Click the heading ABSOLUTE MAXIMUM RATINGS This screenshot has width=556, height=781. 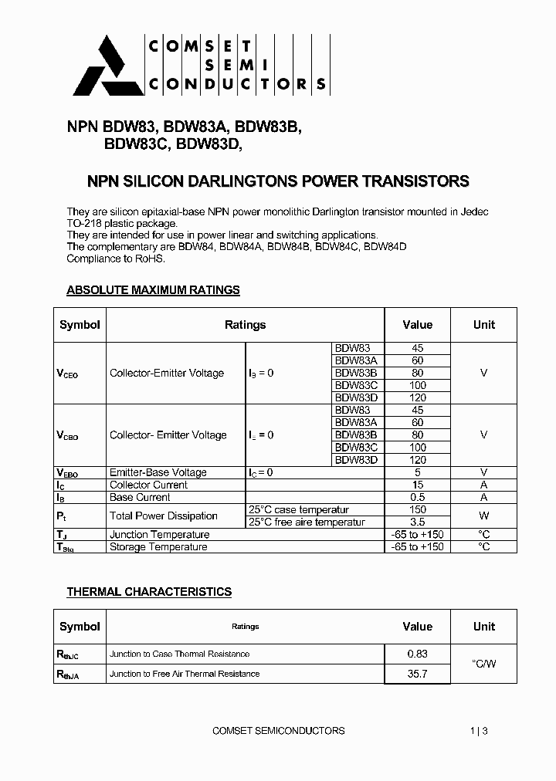point(153,290)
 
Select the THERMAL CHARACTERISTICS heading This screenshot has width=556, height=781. point(149,592)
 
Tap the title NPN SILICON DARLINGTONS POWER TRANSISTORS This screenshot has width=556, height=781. point(277,182)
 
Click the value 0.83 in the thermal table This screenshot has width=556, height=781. point(417,654)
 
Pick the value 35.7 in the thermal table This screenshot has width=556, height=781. point(417,674)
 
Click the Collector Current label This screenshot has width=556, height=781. point(148,485)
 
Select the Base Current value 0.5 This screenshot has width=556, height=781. point(417,497)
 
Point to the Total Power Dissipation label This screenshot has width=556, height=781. point(163,516)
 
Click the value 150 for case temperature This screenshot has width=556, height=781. point(417,509)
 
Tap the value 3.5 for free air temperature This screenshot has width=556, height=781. point(417,522)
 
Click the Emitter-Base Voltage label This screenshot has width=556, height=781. point(158,472)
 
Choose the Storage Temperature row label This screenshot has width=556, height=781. point(158,546)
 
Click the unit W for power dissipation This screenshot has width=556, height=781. point(483,516)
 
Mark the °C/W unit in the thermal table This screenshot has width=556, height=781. point(483,664)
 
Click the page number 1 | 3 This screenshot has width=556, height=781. point(479,730)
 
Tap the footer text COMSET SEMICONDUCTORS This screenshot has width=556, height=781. point(278,730)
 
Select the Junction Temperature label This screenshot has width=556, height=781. point(159,534)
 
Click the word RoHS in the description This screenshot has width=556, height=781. point(150,259)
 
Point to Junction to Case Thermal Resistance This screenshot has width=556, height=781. point(179,654)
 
